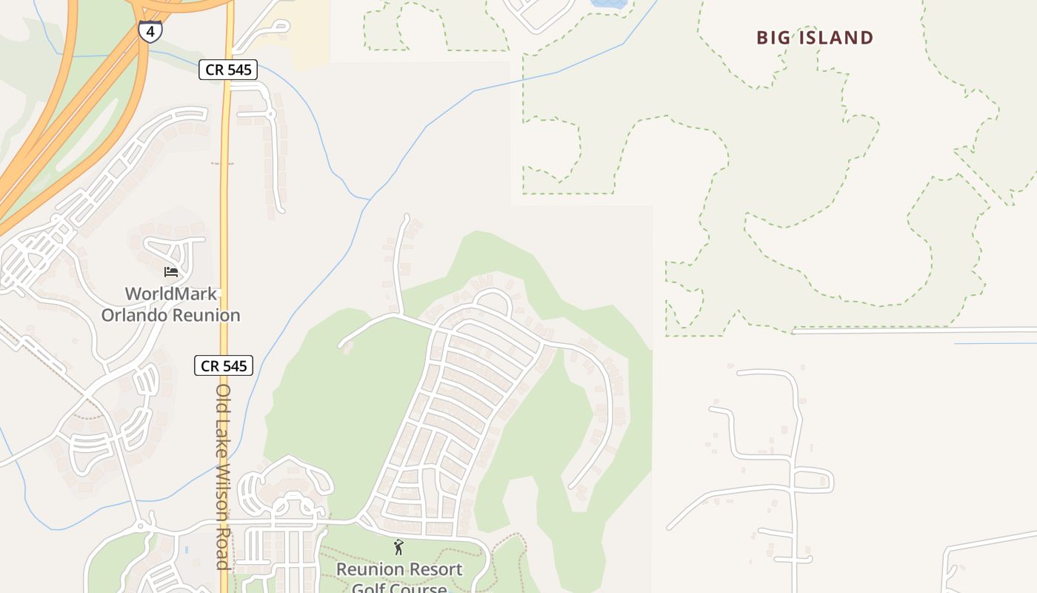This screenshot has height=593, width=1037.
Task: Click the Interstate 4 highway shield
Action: [150, 32]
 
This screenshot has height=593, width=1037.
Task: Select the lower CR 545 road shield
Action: [224, 365]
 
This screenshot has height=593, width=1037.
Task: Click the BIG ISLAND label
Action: [815, 38]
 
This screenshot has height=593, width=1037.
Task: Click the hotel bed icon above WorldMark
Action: [171, 271]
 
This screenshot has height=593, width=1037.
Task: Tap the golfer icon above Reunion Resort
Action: [399, 548]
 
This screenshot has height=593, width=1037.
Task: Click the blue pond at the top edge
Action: [608, 3]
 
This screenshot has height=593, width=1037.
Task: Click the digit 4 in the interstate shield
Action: [150, 32]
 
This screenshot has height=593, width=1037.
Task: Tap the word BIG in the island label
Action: [773, 38]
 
